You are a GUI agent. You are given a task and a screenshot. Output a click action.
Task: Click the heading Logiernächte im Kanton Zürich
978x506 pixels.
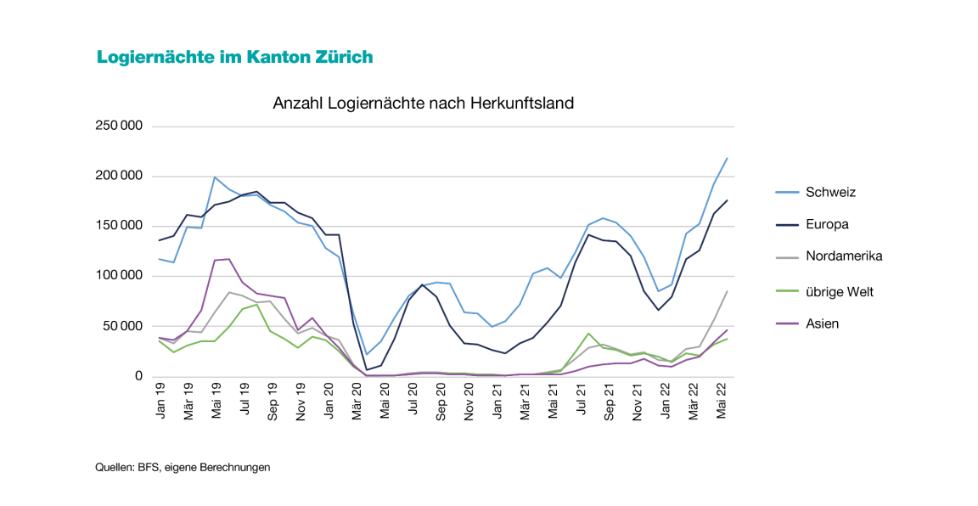(235, 57)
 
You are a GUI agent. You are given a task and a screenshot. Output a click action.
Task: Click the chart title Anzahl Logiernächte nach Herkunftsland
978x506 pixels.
(423, 104)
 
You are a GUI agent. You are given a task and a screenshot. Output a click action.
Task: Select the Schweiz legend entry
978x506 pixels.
(831, 192)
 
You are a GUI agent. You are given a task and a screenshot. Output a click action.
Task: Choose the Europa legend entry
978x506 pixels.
(828, 224)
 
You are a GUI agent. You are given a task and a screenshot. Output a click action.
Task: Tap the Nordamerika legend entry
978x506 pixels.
(845, 256)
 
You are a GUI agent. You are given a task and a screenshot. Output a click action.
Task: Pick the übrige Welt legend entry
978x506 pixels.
(840, 292)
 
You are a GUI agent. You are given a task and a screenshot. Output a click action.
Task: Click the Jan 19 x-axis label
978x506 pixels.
(160, 399)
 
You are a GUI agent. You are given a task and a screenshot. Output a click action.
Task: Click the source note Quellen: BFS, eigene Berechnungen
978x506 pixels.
(183, 468)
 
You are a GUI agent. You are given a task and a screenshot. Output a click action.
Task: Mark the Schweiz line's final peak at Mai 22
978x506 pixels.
(728, 158)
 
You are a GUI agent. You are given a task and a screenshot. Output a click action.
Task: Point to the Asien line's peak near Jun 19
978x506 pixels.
(228, 259)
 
